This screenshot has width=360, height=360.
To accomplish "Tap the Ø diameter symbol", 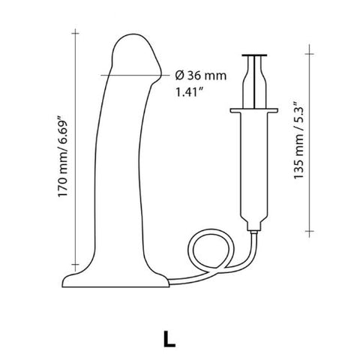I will (x=178, y=75).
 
